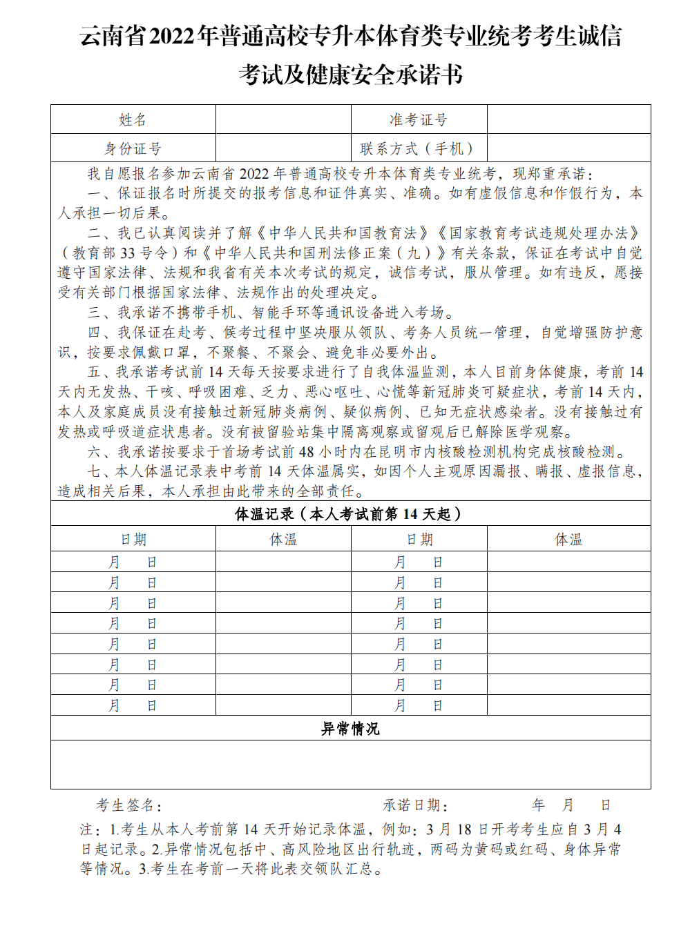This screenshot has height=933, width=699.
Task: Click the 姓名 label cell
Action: tap(133, 119)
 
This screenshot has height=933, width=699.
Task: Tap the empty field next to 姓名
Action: tap(283, 119)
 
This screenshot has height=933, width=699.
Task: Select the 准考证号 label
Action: tap(419, 119)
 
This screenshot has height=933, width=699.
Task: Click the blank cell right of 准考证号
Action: tap(568, 119)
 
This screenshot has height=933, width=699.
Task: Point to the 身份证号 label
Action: tap(133, 148)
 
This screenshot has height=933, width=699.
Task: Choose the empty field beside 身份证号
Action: tap(283, 148)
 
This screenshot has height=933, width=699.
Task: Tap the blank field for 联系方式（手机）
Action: tap(568, 148)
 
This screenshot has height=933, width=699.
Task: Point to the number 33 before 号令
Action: tap(127, 253)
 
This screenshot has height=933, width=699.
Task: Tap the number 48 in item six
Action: tap(306, 452)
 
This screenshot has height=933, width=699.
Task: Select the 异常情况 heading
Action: tap(350, 729)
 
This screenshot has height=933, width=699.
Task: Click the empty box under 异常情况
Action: tap(350, 764)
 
